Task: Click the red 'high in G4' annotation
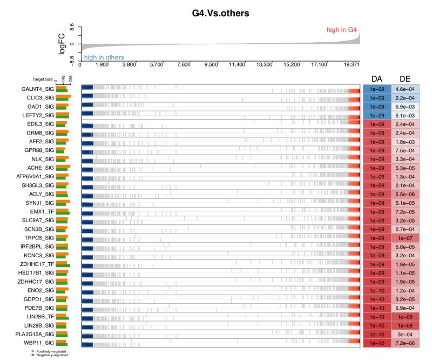pos(342,30)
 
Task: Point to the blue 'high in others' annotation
pos(104,57)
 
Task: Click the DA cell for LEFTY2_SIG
pos(376,115)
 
